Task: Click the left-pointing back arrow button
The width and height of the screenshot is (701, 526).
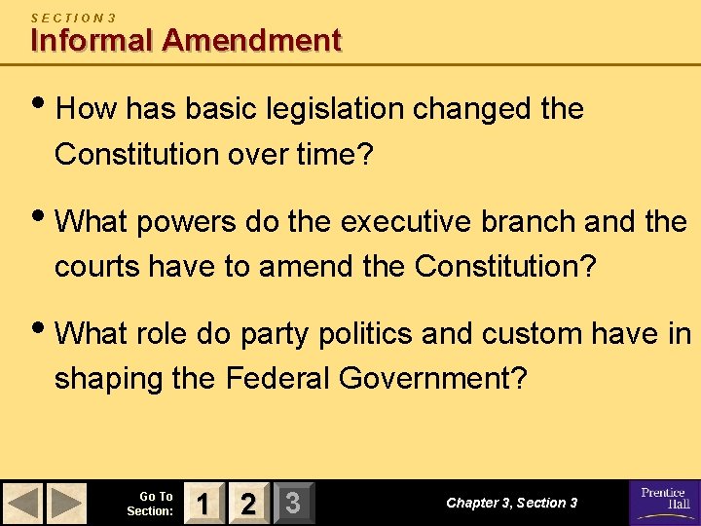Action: [x=23, y=504]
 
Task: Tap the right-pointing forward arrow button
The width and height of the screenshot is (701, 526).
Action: [x=67, y=504]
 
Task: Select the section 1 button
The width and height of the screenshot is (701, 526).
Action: [x=202, y=504]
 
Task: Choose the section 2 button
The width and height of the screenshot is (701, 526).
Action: [x=247, y=504]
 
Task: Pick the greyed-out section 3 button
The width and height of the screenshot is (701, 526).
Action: [x=292, y=504]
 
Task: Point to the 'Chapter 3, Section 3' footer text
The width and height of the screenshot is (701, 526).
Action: [x=511, y=503]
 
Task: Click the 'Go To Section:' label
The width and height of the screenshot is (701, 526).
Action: [x=150, y=504]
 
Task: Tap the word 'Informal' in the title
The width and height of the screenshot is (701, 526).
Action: [x=92, y=40]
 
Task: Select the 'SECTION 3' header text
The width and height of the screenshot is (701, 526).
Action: [x=73, y=17]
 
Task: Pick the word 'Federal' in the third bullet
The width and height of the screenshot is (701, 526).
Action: [x=280, y=377]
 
